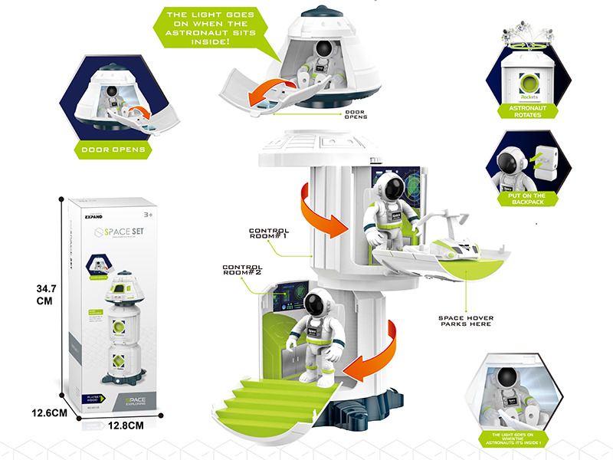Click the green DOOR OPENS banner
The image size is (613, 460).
[x=113, y=149]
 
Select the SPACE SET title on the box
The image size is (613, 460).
[x=116, y=229]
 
